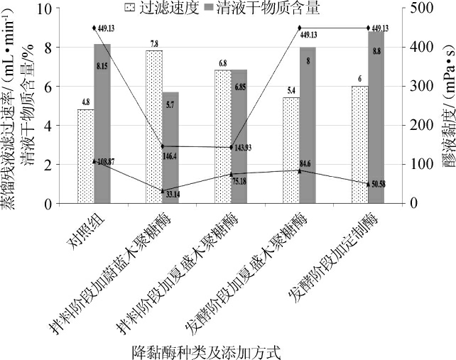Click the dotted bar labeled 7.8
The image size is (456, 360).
(x=154, y=127)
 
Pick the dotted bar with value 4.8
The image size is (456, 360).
(x=85, y=156)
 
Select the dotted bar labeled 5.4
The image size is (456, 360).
(x=291, y=151)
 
